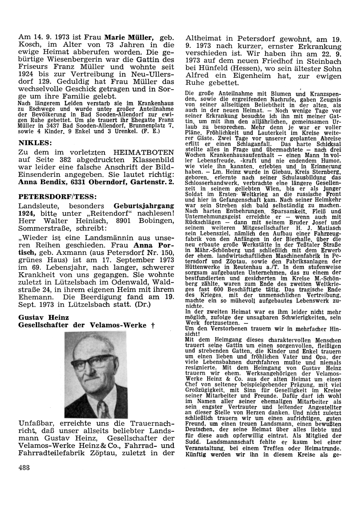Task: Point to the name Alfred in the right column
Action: pos(197,76)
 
